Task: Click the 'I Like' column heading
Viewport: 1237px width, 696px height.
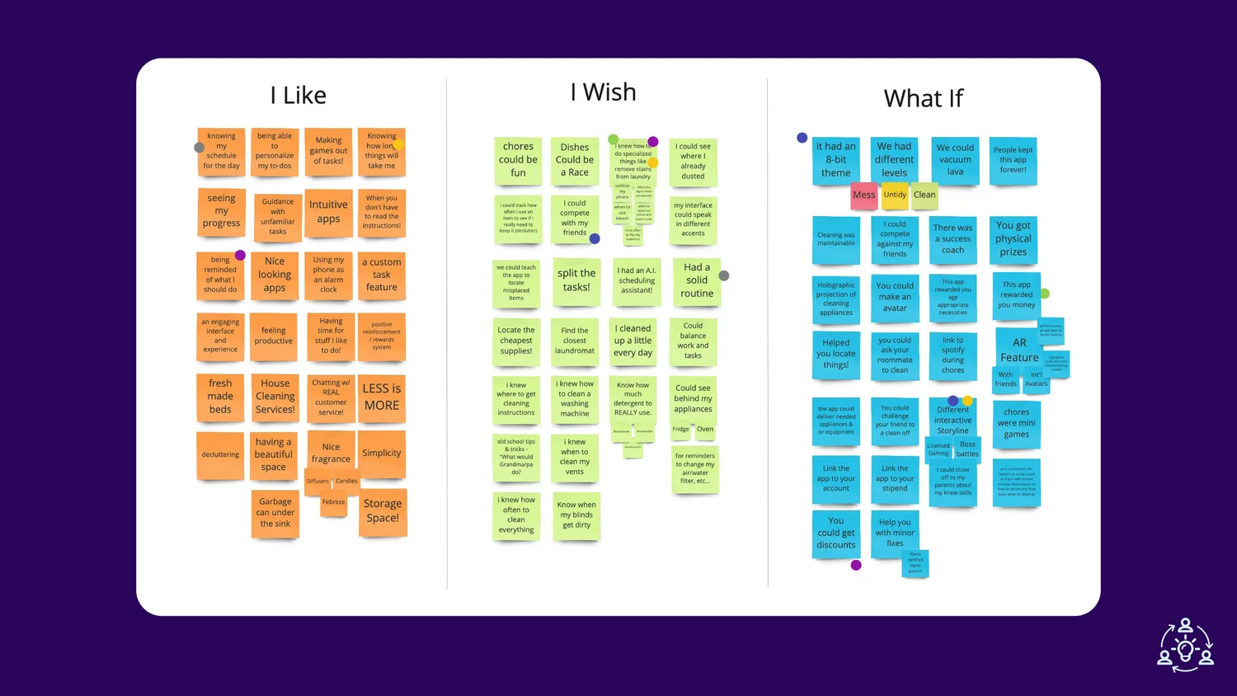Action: (x=299, y=96)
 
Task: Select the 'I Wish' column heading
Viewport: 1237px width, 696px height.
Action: (x=603, y=92)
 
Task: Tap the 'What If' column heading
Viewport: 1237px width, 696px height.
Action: (x=923, y=99)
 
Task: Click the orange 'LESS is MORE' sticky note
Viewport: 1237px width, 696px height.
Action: (x=381, y=397)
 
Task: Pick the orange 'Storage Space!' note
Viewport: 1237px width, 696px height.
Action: (x=383, y=511)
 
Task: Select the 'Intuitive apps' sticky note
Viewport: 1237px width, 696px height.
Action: (x=328, y=211)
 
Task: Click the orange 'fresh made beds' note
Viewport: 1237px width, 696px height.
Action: (x=220, y=397)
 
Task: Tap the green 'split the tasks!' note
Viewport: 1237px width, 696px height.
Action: (x=576, y=280)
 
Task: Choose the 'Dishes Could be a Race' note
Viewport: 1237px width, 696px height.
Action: (x=575, y=160)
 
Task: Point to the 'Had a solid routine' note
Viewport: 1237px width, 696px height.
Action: (x=697, y=280)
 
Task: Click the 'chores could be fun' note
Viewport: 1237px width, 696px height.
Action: (x=518, y=160)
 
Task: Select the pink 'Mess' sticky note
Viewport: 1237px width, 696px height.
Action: (x=863, y=195)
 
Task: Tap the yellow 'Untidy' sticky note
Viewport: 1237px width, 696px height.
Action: (x=895, y=195)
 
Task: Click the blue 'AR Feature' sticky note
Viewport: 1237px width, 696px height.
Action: (x=1019, y=350)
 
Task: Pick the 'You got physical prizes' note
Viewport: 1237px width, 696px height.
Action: (x=1014, y=239)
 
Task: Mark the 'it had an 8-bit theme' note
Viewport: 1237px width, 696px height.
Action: (x=835, y=160)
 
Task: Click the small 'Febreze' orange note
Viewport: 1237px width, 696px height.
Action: (x=334, y=502)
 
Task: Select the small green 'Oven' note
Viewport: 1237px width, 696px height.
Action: (x=705, y=430)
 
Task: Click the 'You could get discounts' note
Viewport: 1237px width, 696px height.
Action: (x=835, y=533)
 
